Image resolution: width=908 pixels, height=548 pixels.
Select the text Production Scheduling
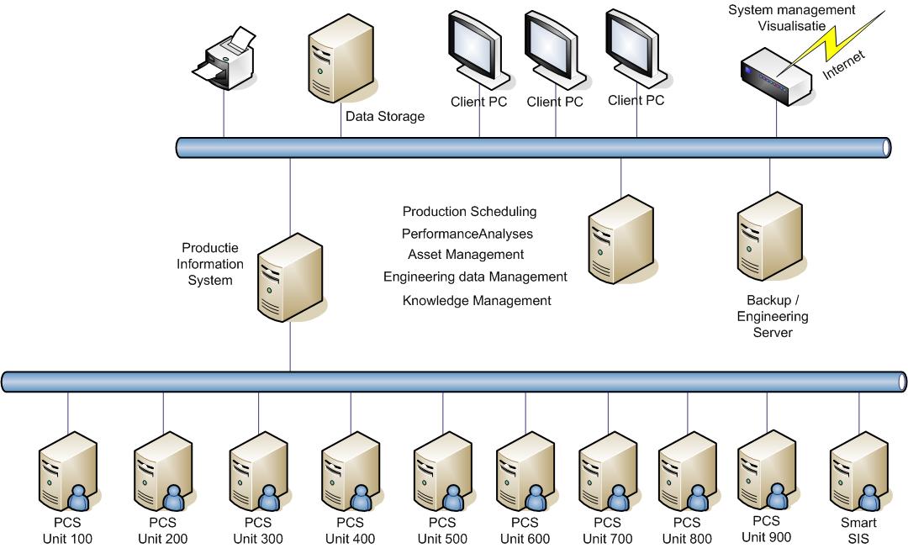pyautogui.click(x=469, y=212)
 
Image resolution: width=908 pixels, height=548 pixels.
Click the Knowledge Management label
pyautogui.click(x=477, y=300)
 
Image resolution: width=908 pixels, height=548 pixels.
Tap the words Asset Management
pyautogui.click(x=466, y=255)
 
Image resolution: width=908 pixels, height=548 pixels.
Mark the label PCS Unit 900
pyautogui.click(x=767, y=530)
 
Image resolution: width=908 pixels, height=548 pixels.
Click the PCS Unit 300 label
pyautogui.click(x=257, y=531)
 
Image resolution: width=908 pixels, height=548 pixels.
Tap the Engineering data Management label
pyautogui.click(x=475, y=277)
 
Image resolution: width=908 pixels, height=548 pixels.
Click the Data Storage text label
pyautogui.click(x=385, y=117)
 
